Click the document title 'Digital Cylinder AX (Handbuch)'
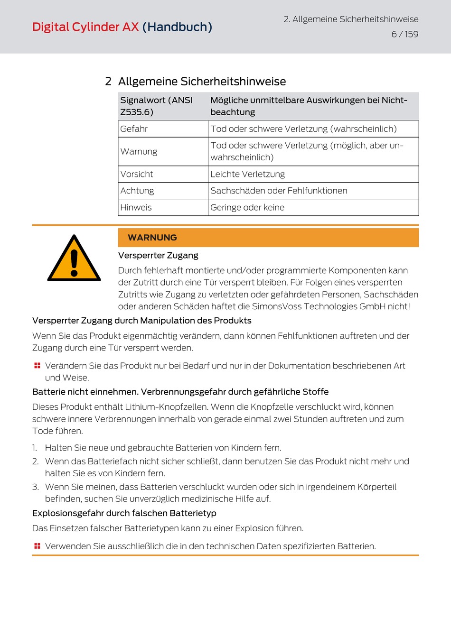click(x=122, y=27)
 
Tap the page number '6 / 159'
click(x=404, y=34)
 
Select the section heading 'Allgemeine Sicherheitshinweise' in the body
click(x=202, y=82)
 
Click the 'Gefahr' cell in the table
click(x=134, y=129)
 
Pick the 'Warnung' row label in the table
click(x=139, y=152)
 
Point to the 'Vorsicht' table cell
click(x=137, y=174)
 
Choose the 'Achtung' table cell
click(x=137, y=191)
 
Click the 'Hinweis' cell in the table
click(x=136, y=207)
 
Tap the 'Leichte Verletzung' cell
click(x=247, y=174)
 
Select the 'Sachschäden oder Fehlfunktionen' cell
click(x=279, y=191)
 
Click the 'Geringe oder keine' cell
click(x=247, y=207)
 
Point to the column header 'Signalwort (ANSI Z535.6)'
click(x=156, y=106)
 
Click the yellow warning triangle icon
click(x=74, y=259)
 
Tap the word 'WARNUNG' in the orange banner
click(x=152, y=238)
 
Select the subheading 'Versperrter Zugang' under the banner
click(x=158, y=256)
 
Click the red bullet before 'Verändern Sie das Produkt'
click(x=37, y=366)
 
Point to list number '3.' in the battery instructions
click(x=36, y=487)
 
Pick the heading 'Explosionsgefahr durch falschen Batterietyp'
click(x=124, y=513)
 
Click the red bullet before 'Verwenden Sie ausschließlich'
click(x=37, y=546)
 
